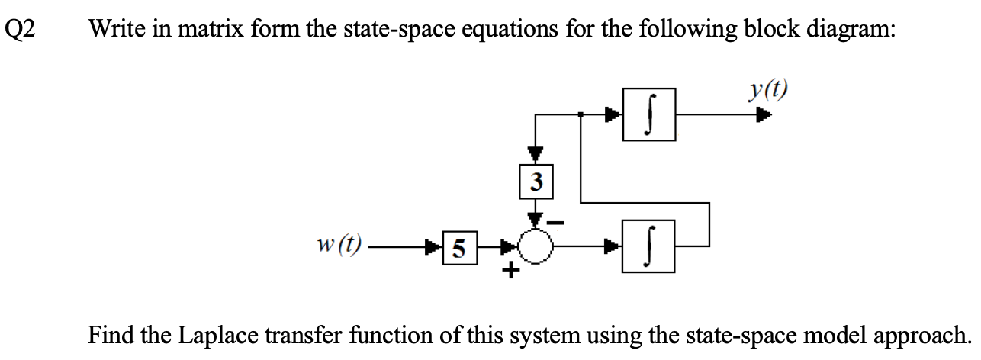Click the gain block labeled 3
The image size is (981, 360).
pos(538,182)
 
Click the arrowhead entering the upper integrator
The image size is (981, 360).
pos(614,116)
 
